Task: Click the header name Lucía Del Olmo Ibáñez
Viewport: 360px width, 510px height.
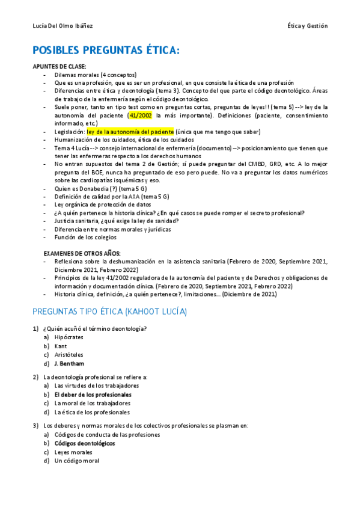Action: (x=63, y=26)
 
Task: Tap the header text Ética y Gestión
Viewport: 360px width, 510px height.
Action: (x=308, y=26)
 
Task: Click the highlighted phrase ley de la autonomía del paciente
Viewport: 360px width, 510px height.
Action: (x=130, y=131)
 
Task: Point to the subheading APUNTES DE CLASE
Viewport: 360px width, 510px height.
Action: (x=59, y=66)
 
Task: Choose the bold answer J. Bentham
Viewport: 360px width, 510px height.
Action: (x=69, y=363)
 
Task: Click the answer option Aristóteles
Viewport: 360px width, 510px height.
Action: (x=69, y=355)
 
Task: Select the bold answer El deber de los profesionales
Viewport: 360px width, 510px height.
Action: (x=93, y=394)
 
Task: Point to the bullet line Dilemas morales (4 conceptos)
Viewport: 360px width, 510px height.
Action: (x=96, y=74)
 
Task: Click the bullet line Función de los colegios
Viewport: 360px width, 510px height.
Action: (x=85, y=237)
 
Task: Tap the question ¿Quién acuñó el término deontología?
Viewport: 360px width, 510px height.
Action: (x=95, y=328)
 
